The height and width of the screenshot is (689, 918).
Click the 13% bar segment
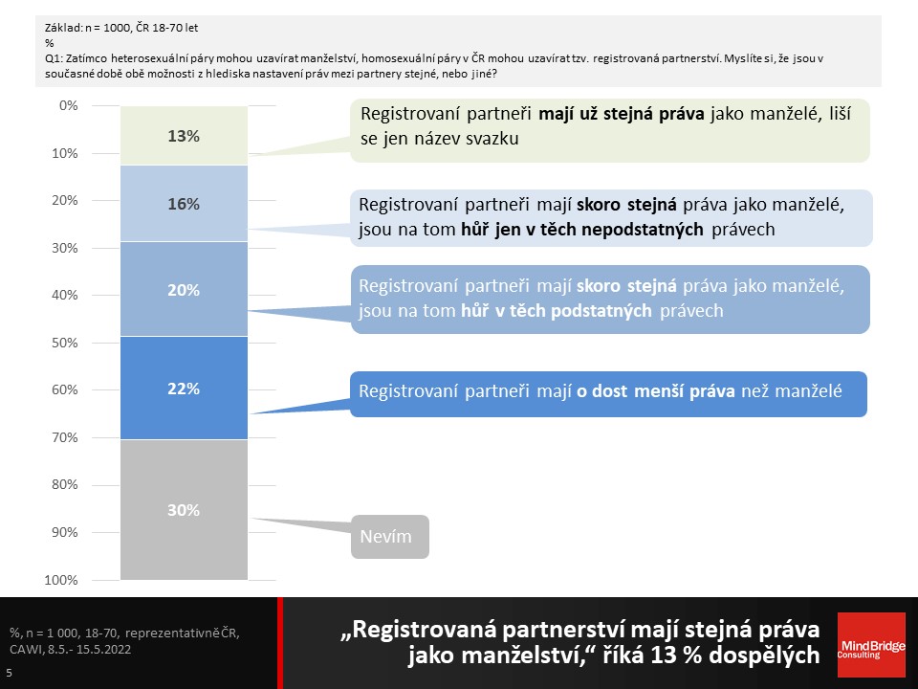(184, 135)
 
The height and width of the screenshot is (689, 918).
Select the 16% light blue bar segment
(184, 203)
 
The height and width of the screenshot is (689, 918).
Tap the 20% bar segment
(184, 289)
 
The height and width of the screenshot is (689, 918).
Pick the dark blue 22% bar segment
(184, 388)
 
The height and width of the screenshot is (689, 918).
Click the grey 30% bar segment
(184, 510)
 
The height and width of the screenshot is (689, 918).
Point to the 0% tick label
(69, 105)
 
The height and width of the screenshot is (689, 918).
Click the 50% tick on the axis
(64, 343)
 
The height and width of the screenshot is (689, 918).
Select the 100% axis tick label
(61, 580)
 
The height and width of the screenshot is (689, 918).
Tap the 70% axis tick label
(64, 437)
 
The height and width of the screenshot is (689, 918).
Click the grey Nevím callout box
(390, 537)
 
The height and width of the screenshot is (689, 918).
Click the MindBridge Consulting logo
(871, 645)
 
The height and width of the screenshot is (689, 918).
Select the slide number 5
(9, 673)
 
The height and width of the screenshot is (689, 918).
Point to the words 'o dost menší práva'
(656, 390)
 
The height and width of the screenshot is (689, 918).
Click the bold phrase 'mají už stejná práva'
(622, 114)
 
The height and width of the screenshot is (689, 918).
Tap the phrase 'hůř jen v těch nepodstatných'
(582, 229)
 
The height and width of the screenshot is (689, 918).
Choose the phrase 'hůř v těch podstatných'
(557, 310)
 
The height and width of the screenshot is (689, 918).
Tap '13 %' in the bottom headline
(676, 655)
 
